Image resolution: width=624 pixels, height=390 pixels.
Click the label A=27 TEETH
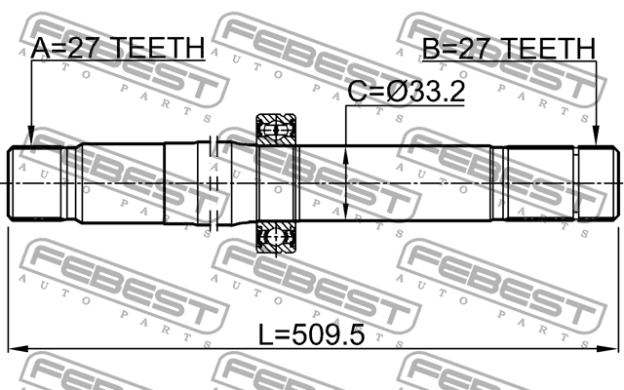coord(117,48)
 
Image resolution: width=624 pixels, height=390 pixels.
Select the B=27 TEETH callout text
coord(507,48)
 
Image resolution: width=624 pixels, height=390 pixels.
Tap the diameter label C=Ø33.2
coord(407,93)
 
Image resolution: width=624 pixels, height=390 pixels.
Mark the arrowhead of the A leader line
coord(30,142)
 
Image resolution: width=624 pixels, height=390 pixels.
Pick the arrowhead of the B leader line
coord(594,142)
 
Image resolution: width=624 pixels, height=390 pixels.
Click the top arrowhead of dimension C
coord(347,152)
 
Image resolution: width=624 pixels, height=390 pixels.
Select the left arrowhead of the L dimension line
coord(14,348)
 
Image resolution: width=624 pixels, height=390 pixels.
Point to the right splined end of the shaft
coord(596,183)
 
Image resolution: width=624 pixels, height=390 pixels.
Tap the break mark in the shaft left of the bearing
coord(213,183)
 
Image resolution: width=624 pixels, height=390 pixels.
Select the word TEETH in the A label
coord(162,48)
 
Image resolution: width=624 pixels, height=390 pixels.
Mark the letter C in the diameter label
coord(358,93)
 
